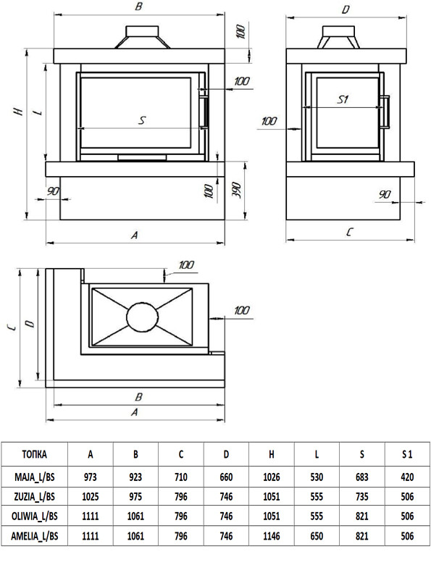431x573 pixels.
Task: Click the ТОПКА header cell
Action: pos(34,454)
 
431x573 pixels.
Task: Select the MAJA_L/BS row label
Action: pos(34,477)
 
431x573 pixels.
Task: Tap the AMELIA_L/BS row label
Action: pos(34,536)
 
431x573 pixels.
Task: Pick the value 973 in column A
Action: pos(91,477)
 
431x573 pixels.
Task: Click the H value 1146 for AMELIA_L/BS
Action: pos(272,536)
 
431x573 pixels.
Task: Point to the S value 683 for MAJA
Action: pos(362,477)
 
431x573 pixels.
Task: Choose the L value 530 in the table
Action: pos(317,477)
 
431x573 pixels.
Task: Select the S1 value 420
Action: pos(407,477)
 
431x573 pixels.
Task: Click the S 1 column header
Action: pos(407,454)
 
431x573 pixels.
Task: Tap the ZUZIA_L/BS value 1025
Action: pos(91,497)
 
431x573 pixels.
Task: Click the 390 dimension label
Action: pos(237,190)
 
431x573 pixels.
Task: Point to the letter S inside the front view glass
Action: pos(142,120)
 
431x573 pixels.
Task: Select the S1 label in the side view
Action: pos(343,99)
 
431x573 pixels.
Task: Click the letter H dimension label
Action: pos(18,110)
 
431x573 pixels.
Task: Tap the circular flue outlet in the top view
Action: pos(142,317)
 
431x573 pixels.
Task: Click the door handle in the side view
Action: pos(384,112)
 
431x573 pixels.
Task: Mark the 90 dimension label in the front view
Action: pos(53,191)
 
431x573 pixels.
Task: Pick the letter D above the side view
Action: pos(346,9)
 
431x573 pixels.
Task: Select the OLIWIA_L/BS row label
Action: pos(34,516)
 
